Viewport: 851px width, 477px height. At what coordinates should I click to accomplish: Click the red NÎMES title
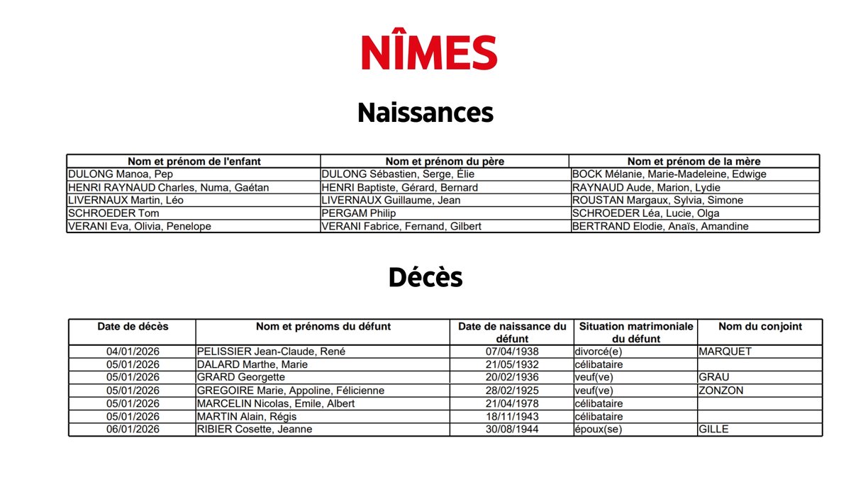[x=429, y=53]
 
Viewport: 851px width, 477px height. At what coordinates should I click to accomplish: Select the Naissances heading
[x=425, y=113]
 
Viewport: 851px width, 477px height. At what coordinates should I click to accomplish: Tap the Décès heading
[x=425, y=278]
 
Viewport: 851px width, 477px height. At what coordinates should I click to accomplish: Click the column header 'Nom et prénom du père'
[x=445, y=162]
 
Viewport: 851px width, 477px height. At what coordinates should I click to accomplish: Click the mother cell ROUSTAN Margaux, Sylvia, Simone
[x=657, y=201]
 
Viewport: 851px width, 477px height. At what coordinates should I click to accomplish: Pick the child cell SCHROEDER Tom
[x=113, y=213]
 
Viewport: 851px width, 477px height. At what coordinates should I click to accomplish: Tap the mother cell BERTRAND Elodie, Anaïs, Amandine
[x=660, y=227]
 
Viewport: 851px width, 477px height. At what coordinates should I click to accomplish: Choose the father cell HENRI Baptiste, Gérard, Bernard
[x=400, y=188]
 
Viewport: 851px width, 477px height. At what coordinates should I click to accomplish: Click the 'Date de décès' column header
[x=133, y=327]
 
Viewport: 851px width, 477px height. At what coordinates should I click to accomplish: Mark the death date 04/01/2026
[x=133, y=352]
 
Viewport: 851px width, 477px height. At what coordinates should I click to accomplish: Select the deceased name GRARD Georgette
[x=241, y=377]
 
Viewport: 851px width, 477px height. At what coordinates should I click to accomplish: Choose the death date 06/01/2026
[x=133, y=430]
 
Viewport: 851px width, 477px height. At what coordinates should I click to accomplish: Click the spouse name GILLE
[x=713, y=430]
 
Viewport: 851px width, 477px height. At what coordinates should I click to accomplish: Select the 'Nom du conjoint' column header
[x=760, y=327]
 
